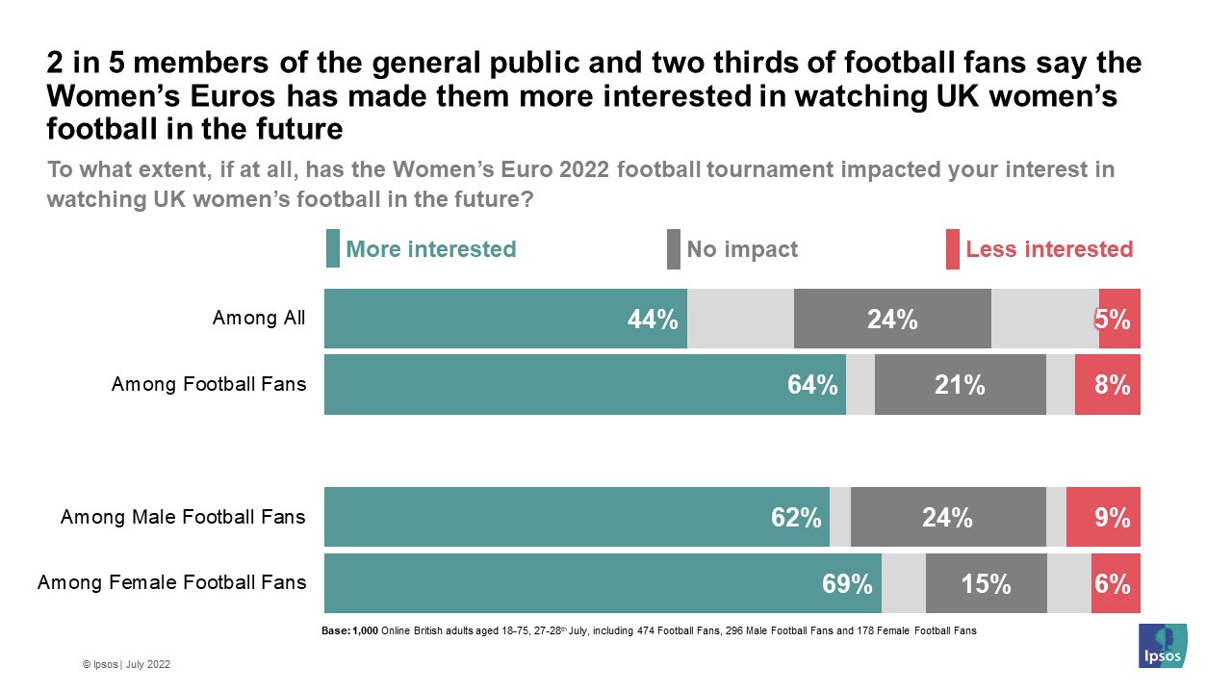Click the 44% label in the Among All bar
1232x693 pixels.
click(x=653, y=320)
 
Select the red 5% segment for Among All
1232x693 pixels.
click(x=1118, y=320)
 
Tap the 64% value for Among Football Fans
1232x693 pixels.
click(x=812, y=385)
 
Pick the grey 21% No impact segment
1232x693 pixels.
click(x=960, y=385)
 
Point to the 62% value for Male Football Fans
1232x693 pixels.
click(x=796, y=518)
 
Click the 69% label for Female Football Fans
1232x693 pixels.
click(x=847, y=583)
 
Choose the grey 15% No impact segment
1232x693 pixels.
click(x=986, y=583)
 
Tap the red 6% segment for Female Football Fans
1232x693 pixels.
click(x=1115, y=583)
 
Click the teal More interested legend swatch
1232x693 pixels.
click(x=332, y=249)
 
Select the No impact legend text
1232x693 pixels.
click(x=742, y=249)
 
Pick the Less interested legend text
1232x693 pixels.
click(x=1049, y=249)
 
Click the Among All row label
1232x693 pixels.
click(x=259, y=319)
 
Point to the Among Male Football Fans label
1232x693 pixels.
click(x=183, y=518)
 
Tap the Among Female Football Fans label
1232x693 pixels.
click(x=171, y=582)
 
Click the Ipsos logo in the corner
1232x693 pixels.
click(x=1162, y=646)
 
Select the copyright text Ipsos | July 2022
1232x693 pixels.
click(x=127, y=664)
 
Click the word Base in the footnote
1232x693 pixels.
click(x=335, y=631)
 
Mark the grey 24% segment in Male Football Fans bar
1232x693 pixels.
click(x=947, y=518)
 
